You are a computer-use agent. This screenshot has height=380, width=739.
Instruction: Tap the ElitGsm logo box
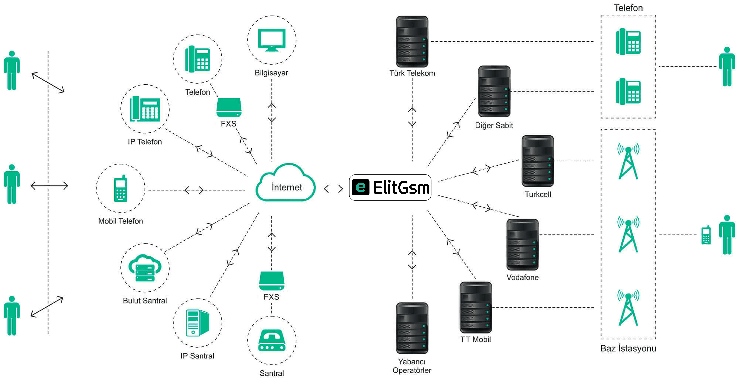pos(390,187)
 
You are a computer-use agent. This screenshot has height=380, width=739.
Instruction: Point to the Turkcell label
pos(538,194)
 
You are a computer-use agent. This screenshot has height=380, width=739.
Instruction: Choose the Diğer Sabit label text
pos(494,126)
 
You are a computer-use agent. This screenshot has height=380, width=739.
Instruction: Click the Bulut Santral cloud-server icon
pos(145,268)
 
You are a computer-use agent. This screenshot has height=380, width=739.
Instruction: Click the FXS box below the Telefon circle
pos(229,108)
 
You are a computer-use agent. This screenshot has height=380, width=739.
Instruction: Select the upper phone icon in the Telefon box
pos(628,42)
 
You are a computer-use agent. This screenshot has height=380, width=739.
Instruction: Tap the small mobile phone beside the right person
pos(706,235)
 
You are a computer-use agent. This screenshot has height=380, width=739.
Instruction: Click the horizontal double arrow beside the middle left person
pos(49,186)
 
